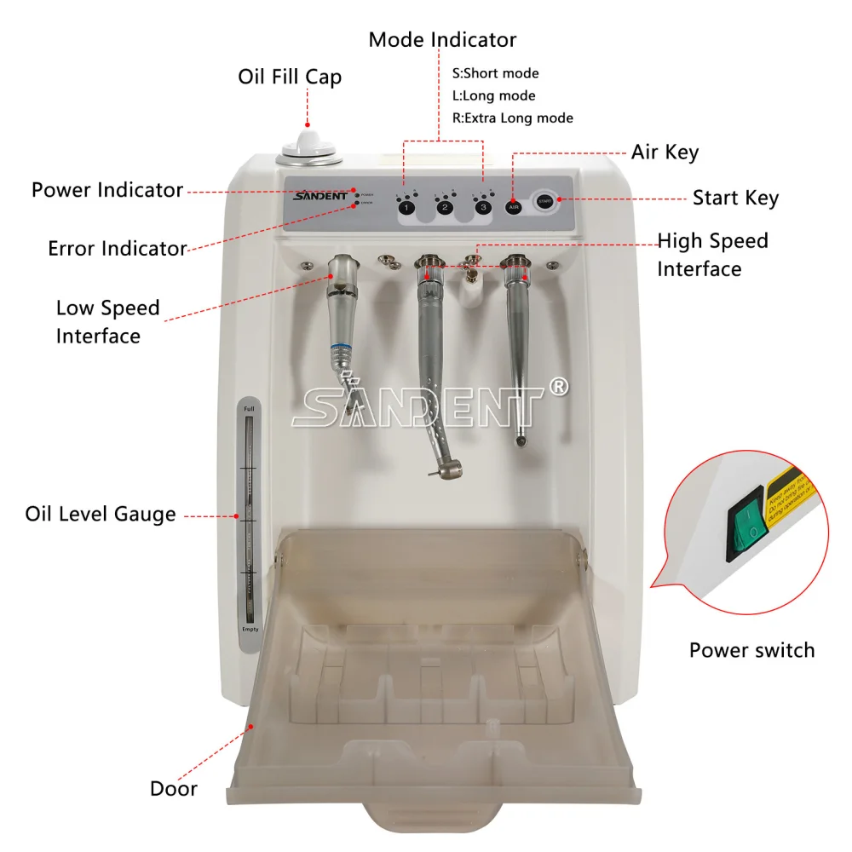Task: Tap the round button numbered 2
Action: click(x=445, y=207)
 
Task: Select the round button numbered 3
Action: click(x=484, y=207)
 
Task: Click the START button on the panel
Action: click(x=544, y=202)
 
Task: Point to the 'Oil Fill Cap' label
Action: click(x=290, y=77)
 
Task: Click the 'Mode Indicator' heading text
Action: click(x=442, y=39)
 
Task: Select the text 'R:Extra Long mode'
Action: click(x=512, y=118)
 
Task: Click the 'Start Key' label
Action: click(x=735, y=198)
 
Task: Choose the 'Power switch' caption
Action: click(x=751, y=650)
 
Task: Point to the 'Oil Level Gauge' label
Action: click(x=101, y=514)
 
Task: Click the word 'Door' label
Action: click(x=174, y=788)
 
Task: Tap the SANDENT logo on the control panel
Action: click(x=317, y=197)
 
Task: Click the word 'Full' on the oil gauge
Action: click(x=249, y=410)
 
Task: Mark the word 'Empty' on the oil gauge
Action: click(x=250, y=629)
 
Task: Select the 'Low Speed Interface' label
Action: click(x=99, y=321)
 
